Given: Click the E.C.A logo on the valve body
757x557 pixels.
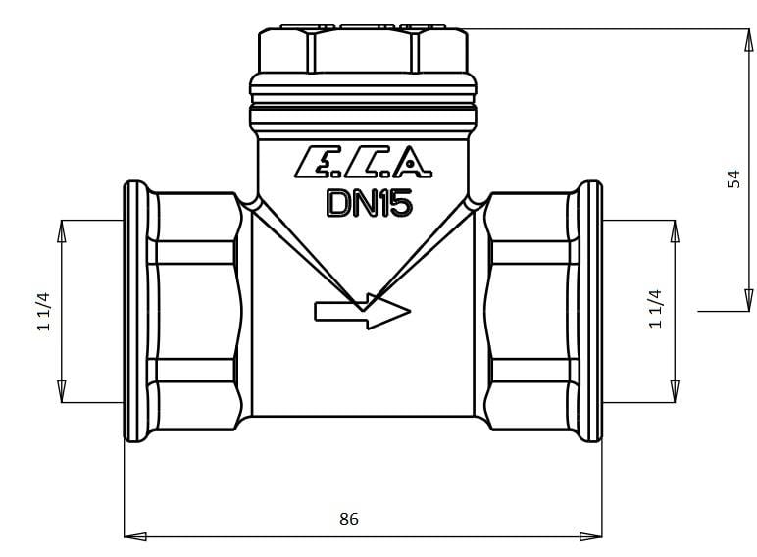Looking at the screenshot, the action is [363, 161].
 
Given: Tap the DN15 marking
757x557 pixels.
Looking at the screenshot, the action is [370, 203].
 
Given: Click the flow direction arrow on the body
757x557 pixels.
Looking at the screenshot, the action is [362, 311].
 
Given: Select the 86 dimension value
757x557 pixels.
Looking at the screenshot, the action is [349, 519].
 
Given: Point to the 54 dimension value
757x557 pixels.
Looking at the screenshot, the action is [733, 178].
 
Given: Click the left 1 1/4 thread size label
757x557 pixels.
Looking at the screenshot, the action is [43, 311].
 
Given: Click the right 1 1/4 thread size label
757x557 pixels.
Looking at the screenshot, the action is [655, 309].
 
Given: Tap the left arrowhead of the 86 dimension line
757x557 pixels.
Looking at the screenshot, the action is [135, 536].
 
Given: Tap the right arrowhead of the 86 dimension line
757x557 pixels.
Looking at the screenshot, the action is [591, 536].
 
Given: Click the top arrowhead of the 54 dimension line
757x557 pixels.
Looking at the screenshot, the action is [748, 40].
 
